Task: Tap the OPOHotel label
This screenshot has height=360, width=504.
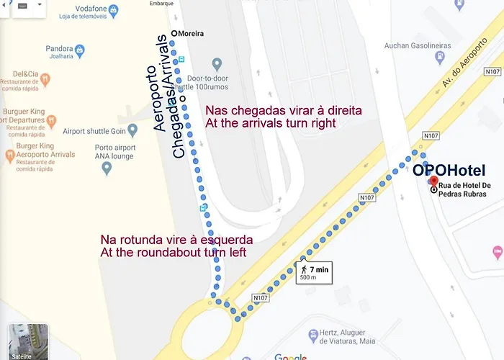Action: pos(449,170)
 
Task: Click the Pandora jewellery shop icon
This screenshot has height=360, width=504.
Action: pos(79,50)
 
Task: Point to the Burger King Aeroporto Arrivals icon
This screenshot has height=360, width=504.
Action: pos(9,154)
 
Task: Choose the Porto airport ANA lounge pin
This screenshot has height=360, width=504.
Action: pos(107,168)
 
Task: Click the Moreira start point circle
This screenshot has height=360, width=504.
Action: pos(174,33)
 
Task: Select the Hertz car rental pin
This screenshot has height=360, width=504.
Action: pos(312,336)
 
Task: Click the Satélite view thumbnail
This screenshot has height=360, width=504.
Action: pos(28,341)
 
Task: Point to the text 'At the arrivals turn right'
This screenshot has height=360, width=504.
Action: pos(271,123)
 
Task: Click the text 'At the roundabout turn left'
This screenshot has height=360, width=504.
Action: pos(174,253)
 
